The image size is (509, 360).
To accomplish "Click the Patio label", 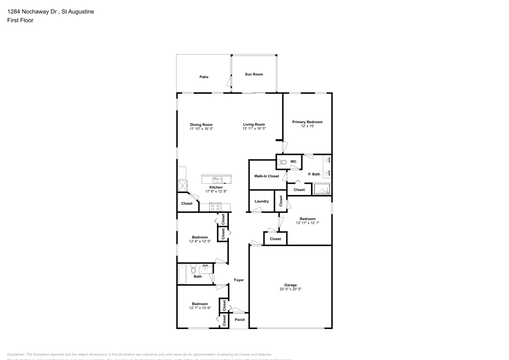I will point(204,77).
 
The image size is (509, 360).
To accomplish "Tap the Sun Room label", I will point(254,74).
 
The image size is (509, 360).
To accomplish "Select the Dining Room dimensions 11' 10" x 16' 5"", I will point(201,129).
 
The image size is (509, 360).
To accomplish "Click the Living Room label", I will point(254,124).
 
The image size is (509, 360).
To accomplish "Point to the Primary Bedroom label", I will point(307,122).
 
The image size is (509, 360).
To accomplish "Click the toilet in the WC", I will point(283,162).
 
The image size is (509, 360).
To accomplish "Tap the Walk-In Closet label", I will point(267,176).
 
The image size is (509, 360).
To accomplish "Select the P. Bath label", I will point(315,174).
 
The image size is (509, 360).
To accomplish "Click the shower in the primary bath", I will point(322,189).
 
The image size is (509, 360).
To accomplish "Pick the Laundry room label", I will point(262,201).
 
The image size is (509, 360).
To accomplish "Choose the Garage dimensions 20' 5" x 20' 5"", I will point(290,289).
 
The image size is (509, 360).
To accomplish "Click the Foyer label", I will point(239,280).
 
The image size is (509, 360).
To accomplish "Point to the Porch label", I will point(239,320).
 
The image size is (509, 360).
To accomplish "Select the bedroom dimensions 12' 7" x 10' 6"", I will point(200,308).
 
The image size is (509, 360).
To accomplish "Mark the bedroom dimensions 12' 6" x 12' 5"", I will point(200,241).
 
